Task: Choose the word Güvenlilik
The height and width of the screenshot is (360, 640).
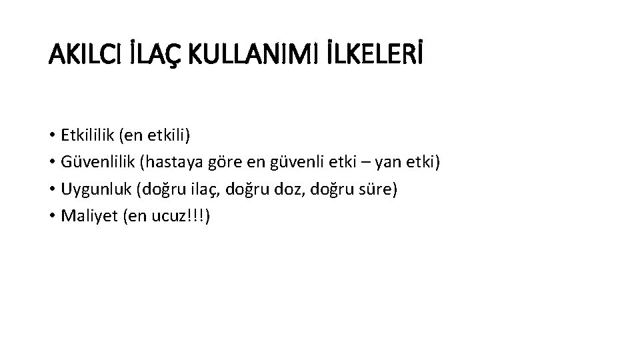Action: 97,163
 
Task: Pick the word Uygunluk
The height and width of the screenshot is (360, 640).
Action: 95,190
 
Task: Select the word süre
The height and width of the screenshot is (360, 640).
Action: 379,189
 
